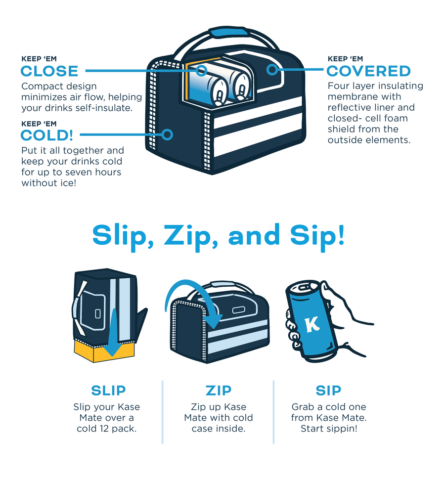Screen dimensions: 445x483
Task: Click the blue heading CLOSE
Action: coord(49,71)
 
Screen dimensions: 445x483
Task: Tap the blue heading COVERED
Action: coord(368,71)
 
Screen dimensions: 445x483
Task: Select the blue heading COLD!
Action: coord(47,135)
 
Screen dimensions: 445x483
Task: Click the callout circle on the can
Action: coord(201,71)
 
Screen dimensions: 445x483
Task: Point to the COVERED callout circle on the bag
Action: coord(272,70)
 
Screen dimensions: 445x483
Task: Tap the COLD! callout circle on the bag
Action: coord(167,134)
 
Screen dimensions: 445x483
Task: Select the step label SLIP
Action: coord(108,391)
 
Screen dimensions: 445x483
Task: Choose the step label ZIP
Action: coord(219,391)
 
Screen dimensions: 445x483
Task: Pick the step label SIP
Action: coord(328,391)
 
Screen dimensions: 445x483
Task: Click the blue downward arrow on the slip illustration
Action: coord(113,333)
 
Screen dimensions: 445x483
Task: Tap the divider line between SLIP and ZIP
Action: coord(162,412)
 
